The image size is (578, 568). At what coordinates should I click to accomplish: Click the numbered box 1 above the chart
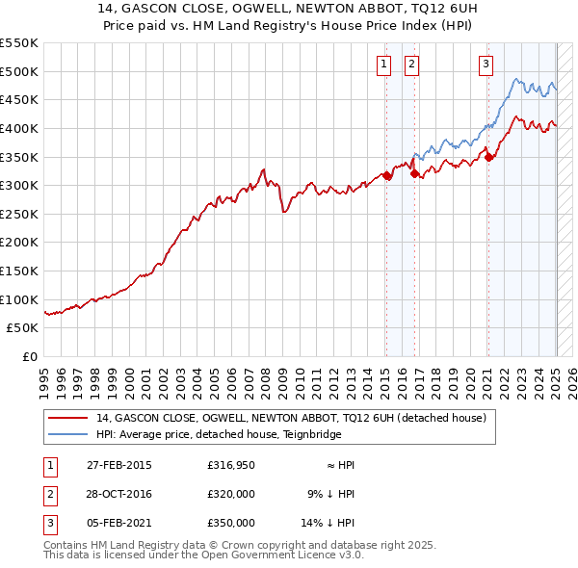pyautogui.click(x=383, y=65)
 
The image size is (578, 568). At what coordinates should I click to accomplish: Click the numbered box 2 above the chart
pyautogui.click(x=411, y=65)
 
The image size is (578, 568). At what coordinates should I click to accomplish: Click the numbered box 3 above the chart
pyautogui.click(x=486, y=65)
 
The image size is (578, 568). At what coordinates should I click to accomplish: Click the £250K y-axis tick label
pyautogui.click(x=19, y=214)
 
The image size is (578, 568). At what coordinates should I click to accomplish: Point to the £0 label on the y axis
pyautogui.click(x=28, y=356)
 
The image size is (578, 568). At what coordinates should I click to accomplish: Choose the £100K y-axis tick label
pyautogui.click(x=19, y=299)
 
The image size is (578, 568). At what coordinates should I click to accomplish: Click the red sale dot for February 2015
pyautogui.click(x=386, y=175)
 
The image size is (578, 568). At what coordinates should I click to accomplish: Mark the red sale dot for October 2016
pyautogui.click(x=415, y=174)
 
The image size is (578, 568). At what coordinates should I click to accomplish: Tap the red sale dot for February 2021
pyautogui.click(x=488, y=157)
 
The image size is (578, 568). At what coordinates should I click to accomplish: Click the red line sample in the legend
pyautogui.click(x=69, y=418)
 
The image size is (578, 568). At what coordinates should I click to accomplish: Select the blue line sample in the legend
pyautogui.click(x=69, y=434)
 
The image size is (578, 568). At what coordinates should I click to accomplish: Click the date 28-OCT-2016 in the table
pyautogui.click(x=119, y=494)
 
